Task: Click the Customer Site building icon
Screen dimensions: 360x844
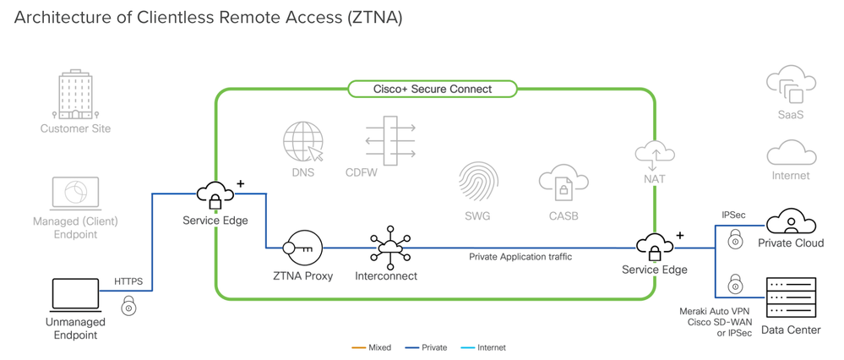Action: click(x=75, y=95)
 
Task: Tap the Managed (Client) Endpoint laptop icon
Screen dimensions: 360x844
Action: click(x=76, y=194)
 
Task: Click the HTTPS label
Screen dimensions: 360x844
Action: click(x=128, y=281)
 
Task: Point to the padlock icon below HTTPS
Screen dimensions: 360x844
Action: click(x=129, y=306)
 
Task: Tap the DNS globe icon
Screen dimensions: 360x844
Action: click(x=303, y=142)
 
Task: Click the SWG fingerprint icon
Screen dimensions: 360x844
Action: click(x=478, y=182)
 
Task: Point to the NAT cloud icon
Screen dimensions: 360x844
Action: click(x=654, y=152)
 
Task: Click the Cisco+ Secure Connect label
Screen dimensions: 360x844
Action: click(x=432, y=89)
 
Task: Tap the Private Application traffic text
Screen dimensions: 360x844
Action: click(x=520, y=257)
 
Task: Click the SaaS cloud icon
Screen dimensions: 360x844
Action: click(x=790, y=87)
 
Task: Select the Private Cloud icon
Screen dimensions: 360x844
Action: click(x=791, y=221)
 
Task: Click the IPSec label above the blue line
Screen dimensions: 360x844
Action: click(x=733, y=216)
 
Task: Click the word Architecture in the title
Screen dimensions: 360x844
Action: click(x=57, y=17)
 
